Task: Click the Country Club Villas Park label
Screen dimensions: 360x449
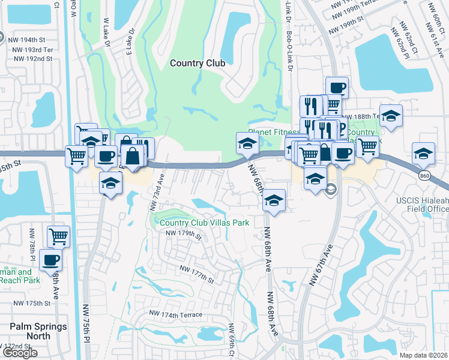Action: coord(204,223)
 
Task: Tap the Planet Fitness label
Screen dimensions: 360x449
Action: coord(274,133)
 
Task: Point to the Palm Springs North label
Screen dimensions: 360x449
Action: coord(30,331)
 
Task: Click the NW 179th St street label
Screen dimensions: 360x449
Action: coord(184,235)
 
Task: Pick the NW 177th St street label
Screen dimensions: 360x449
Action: coord(197,276)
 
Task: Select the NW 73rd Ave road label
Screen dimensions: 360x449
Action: coord(156,193)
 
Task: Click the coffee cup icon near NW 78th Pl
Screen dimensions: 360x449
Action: coord(51,260)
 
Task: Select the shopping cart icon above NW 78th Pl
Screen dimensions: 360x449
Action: coord(58,236)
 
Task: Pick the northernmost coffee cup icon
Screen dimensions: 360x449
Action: coord(337,88)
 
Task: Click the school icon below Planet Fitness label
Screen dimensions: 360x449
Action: coord(247,143)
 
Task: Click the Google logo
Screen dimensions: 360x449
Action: coord(20,353)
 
